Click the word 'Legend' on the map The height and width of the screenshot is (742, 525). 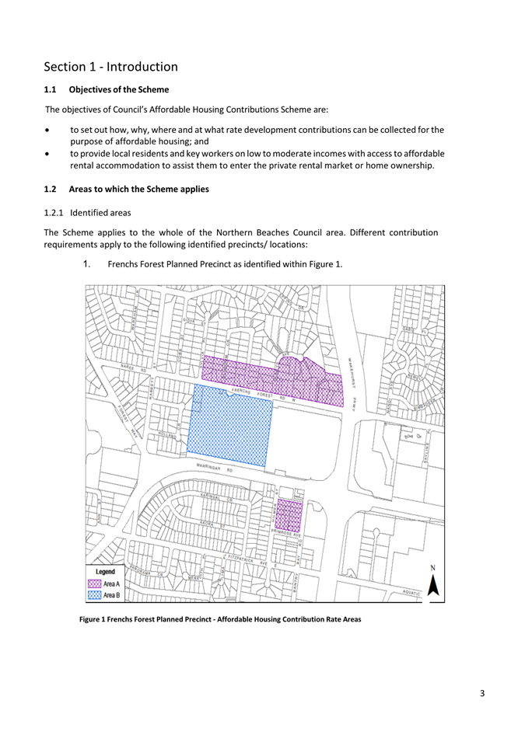[x=104, y=572]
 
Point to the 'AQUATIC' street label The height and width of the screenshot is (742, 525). [x=411, y=592]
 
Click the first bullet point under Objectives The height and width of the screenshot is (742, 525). [x=257, y=135]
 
